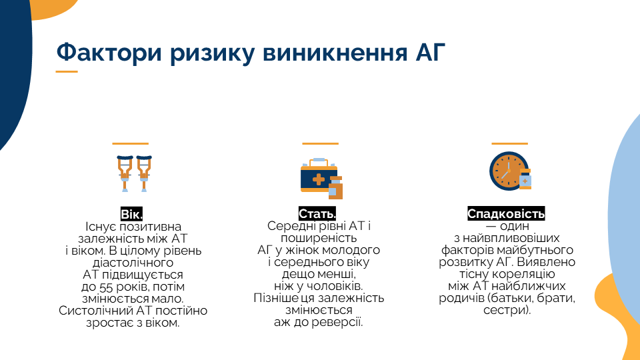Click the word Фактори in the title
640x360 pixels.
click(109, 53)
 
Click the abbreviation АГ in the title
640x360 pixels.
click(430, 52)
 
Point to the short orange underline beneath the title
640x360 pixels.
click(67, 72)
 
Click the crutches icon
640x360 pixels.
click(134, 173)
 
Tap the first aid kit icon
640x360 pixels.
click(321, 179)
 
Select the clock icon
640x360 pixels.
click(510, 171)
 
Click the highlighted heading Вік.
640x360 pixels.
click(131, 214)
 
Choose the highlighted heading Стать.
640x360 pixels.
click(317, 213)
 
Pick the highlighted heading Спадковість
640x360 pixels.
click(506, 213)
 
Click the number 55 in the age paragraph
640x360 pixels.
click(106, 287)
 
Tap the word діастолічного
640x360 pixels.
click(133, 263)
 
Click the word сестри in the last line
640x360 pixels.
click(507, 310)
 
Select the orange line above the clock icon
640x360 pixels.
click(510, 144)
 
